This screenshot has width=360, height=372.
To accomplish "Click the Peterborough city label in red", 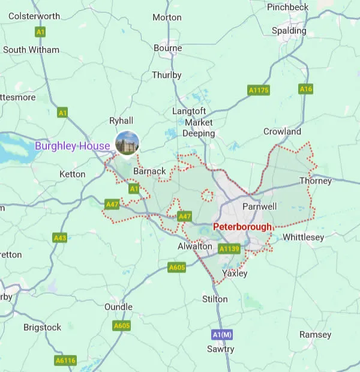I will [242, 227].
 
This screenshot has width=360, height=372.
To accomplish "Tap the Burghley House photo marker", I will [127, 143].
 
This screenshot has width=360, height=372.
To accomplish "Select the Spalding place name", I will [289, 31].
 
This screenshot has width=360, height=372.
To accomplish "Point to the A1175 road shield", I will [259, 90].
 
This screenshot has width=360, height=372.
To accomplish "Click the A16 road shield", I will [306, 89].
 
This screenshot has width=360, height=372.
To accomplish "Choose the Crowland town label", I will [282, 131].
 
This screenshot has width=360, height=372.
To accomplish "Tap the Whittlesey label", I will [303, 238].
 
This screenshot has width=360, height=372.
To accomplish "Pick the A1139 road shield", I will [229, 248].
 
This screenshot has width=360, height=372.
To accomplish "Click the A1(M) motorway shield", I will [221, 334].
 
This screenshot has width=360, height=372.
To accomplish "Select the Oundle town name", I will [118, 307].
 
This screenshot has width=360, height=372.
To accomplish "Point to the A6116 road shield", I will [65, 361].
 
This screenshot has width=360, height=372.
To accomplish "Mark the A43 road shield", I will [60, 238].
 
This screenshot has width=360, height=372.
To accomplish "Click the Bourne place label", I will [167, 48].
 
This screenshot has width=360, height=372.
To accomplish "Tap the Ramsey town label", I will [316, 334].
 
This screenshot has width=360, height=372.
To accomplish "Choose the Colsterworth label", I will [35, 15].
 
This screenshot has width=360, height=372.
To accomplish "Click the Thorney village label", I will [316, 181].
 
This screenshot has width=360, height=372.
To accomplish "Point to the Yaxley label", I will [235, 273].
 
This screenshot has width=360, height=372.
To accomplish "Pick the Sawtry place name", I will [220, 349].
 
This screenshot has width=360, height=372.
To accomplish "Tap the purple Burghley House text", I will [72, 145].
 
